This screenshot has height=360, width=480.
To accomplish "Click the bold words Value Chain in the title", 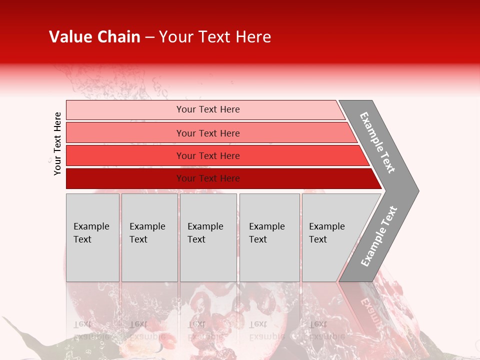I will click(94, 37).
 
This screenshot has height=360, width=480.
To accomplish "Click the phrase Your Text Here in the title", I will click(215, 37).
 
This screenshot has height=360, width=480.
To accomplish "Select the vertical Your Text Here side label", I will click(57, 143).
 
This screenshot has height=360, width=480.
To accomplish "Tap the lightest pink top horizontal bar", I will click(125, 110).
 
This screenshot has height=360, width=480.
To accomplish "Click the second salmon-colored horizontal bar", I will click(125, 133).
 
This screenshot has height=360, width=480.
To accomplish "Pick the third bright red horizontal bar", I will click(125, 155).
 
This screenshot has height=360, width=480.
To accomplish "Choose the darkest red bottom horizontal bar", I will click(125, 178).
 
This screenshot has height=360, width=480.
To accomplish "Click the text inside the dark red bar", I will click(208, 178).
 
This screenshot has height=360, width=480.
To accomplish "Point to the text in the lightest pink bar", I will click(208, 109).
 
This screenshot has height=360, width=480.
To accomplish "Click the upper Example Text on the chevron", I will click(377, 142).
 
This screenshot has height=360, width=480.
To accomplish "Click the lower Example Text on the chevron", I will click(378, 236).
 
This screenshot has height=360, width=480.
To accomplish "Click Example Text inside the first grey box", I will click(91, 233).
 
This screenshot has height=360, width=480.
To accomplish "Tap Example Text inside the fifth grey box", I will click(326, 233).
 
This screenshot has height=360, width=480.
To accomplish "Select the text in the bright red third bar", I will click(208, 156).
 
